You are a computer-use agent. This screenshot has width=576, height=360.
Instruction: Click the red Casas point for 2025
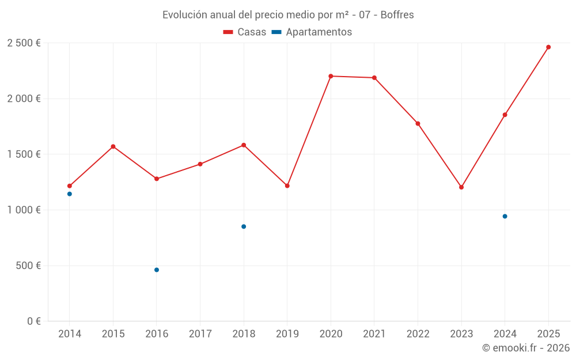pyautogui.click(x=548, y=47)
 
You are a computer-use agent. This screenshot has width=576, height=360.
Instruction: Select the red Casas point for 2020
pyautogui.click(x=331, y=76)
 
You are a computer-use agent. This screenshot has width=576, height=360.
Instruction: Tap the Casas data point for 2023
pyautogui.click(x=461, y=187)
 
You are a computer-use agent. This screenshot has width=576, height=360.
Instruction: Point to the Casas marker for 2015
pyautogui.click(x=113, y=146)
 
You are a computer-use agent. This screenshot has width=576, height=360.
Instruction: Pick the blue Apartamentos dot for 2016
pyautogui.click(x=157, y=270)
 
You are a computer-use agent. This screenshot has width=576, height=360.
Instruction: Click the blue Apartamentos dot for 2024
pyautogui.click(x=505, y=216)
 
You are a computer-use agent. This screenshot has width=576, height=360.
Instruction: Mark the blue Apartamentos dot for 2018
pyautogui.click(x=244, y=226)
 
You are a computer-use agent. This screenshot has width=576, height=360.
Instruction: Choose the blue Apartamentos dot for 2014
pyautogui.click(x=70, y=194)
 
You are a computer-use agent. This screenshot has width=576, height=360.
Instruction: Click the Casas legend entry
pyautogui.click(x=245, y=32)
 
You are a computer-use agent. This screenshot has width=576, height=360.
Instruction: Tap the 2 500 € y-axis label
pyautogui.click(x=24, y=43)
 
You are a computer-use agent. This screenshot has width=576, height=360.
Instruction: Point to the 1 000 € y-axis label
pyautogui.click(x=24, y=210)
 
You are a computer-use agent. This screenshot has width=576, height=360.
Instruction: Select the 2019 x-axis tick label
pyautogui.click(x=287, y=334)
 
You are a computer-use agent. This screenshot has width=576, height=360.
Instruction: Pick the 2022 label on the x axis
pyautogui.click(x=418, y=334)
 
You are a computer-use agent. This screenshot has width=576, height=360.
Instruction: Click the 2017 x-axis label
pyautogui.click(x=200, y=334)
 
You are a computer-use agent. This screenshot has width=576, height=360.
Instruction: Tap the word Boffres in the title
pyautogui.click(x=397, y=15)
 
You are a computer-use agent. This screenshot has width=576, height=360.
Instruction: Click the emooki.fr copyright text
pyautogui.click(x=526, y=348)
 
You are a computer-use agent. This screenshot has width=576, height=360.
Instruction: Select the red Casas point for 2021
pyautogui.click(x=374, y=78)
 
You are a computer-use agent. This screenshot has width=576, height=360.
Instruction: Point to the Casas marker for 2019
pyautogui.click(x=287, y=185)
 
